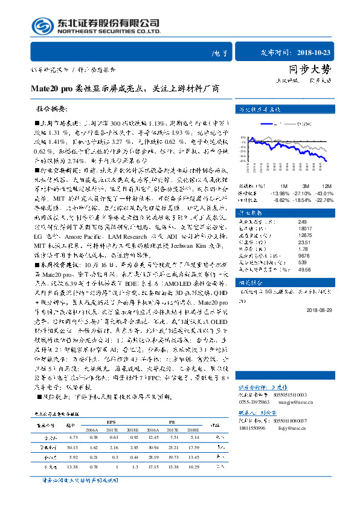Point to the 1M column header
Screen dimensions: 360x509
(283, 185)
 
